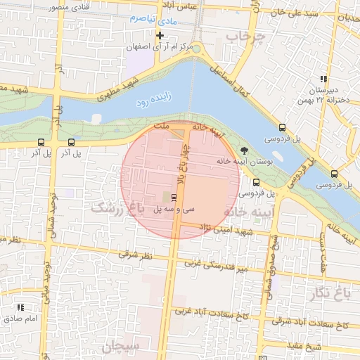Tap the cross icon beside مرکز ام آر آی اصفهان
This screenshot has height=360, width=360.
click(160, 35)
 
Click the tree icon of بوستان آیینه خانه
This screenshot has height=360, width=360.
click(244, 150)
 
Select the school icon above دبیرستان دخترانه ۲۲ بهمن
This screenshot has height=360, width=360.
click(323, 79)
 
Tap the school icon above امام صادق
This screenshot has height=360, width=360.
click(20, 307)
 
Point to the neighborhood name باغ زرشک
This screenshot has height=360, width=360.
click(115, 209)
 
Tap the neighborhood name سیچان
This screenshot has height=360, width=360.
click(122, 347)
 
